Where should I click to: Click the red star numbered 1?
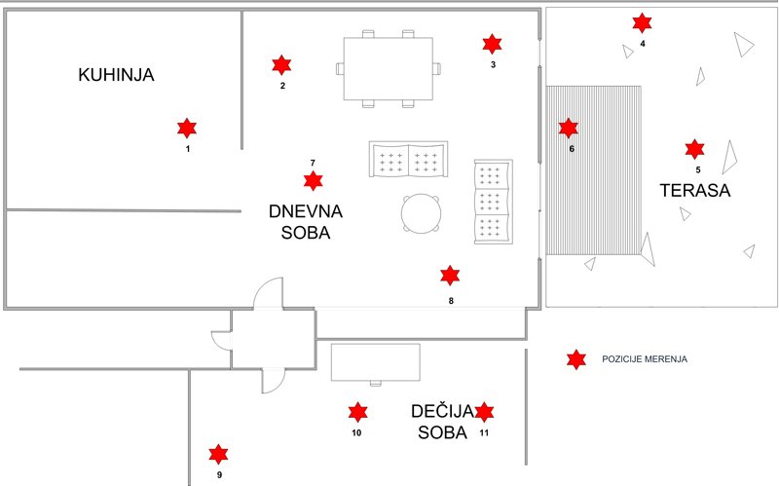pos(187,128)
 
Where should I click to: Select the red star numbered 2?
pos(281,65)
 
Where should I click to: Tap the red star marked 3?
pos(493,44)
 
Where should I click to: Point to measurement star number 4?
pos(642,22)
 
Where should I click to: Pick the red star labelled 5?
pos(694,148)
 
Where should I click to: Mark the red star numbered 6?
pos(569,128)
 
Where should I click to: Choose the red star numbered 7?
pos(313,180)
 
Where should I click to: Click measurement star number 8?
pos(450,276)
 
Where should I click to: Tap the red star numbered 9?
pos(219,454)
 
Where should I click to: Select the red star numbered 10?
pos(357,412)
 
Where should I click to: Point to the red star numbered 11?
pos(484,412)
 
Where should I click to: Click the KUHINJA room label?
pos(117,75)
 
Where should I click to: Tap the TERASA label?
pos(694,190)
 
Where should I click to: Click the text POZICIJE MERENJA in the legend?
pos(645,359)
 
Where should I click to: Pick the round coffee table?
pos(422,213)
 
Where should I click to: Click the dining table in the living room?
pos(388,68)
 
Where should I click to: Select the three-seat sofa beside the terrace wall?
pos(492,202)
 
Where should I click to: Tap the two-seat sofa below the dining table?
pos(408,160)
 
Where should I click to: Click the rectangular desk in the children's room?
pos(376,361)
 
